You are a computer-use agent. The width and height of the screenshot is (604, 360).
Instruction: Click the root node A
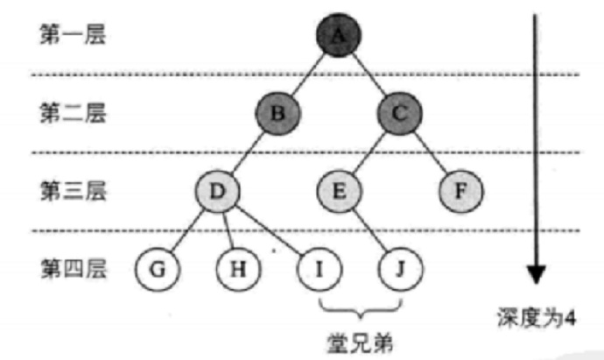[337, 36]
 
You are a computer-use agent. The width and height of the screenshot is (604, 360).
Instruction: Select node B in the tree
[277, 114]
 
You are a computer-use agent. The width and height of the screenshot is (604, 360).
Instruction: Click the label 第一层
[73, 36]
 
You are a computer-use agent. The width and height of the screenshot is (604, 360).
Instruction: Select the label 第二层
[73, 113]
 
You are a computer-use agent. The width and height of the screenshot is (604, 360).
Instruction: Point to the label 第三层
[73, 189]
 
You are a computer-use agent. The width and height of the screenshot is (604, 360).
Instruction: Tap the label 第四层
[73, 267]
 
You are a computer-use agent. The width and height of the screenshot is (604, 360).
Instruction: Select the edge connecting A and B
[307, 74]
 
